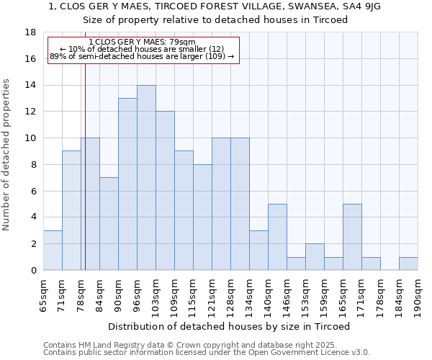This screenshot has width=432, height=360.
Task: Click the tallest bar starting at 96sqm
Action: (x=146, y=178)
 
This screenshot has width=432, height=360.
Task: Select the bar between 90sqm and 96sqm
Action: (x=127, y=184)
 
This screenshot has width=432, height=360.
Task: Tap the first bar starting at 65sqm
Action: (x=53, y=251)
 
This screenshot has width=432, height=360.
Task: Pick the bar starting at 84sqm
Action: (x=109, y=224)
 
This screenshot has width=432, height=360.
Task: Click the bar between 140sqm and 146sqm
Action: (x=277, y=237)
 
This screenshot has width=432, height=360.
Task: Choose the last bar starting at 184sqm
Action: (x=408, y=264)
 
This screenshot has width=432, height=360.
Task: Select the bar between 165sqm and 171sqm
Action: (x=352, y=237)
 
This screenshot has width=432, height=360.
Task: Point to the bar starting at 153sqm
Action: (x=315, y=257)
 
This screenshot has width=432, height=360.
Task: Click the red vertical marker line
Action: (x=85, y=180)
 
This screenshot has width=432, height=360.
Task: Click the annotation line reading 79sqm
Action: (x=142, y=42)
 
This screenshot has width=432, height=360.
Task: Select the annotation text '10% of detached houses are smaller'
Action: (x=142, y=49)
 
